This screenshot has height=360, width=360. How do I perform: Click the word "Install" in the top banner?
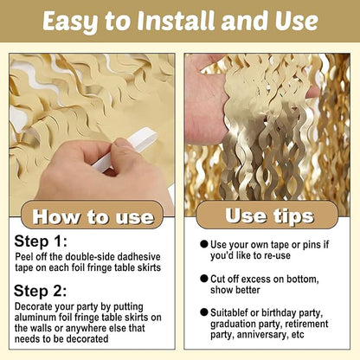pyautogui.click(x=176, y=21)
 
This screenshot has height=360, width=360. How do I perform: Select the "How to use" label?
pyautogui.click(x=93, y=217)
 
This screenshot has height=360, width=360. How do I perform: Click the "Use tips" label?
pyautogui.click(x=269, y=216)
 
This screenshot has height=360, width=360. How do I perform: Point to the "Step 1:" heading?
pyautogui.click(x=41, y=241)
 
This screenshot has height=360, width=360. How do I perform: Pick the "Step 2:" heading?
pyautogui.click(x=40, y=291)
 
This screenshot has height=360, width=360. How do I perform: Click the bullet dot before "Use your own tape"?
pyautogui.click(x=204, y=244)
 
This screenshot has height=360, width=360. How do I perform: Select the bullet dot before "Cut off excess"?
pyautogui.click(x=204, y=279)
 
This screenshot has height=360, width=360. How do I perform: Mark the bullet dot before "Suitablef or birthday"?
pyautogui.click(x=204, y=312)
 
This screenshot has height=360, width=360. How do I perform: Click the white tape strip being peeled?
pyautogui.click(x=126, y=150)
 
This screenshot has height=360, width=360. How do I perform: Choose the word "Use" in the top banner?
pyautogui.click(x=297, y=21)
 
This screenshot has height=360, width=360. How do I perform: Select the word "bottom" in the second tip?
pyautogui.click(x=303, y=280)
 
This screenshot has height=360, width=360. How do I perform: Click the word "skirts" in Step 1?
pyautogui.click(x=149, y=267)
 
